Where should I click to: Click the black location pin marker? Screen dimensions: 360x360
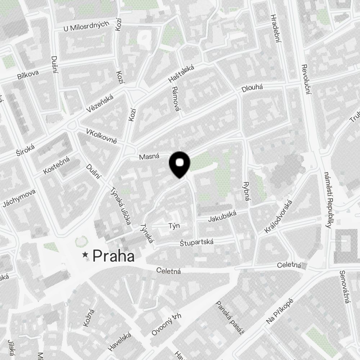(180, 164)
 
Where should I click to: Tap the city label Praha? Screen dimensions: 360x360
(113, 256)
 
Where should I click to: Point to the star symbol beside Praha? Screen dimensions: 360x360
(85, 255)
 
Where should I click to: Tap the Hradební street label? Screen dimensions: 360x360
(275, 28)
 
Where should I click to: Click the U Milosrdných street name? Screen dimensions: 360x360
(86, 27)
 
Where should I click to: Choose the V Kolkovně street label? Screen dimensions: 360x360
(102, 136)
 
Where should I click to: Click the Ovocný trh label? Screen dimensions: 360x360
(166, 325)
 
